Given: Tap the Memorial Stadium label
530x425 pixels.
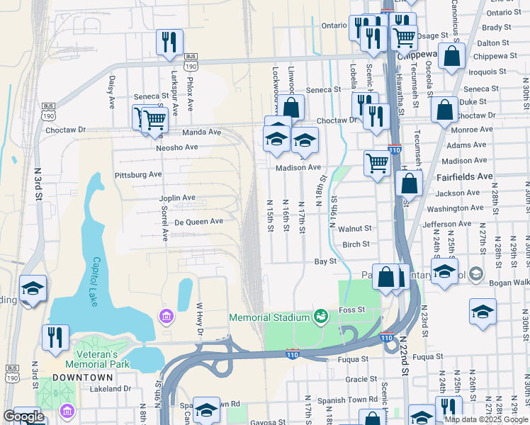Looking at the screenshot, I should click(270, 317).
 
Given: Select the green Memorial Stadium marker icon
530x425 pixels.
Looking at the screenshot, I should click(320, 315).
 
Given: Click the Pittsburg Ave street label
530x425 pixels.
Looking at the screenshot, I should click(137, 174).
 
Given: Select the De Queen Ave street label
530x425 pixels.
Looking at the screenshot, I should click(199, 221).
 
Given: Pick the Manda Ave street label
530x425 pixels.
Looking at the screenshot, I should click(202, 132).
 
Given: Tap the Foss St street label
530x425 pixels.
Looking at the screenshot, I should click(351, 310).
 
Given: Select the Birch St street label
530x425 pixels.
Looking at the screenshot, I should click(356, 244).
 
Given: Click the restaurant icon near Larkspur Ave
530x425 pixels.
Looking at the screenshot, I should click(169, 42).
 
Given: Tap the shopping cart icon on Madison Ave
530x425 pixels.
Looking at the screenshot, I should click(378, 162).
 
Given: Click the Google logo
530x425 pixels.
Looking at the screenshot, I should click(24, 416).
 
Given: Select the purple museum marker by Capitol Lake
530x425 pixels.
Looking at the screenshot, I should click(167, 315).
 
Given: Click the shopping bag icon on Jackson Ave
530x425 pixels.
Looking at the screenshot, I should click(409, 183).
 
